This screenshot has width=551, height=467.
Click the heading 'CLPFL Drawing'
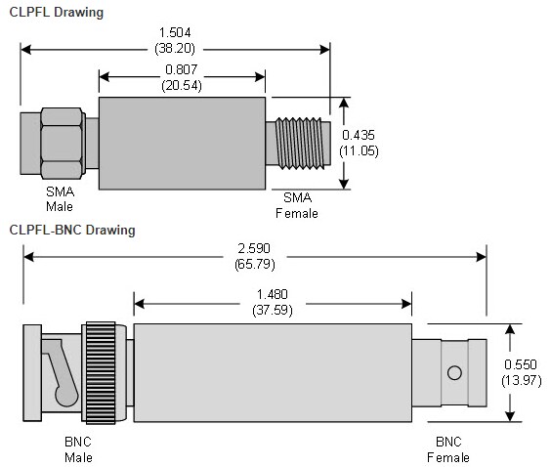pos(56,12)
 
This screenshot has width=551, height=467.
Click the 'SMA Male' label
pos(60,199)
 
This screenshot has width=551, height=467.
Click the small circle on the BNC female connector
pos(452,372)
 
